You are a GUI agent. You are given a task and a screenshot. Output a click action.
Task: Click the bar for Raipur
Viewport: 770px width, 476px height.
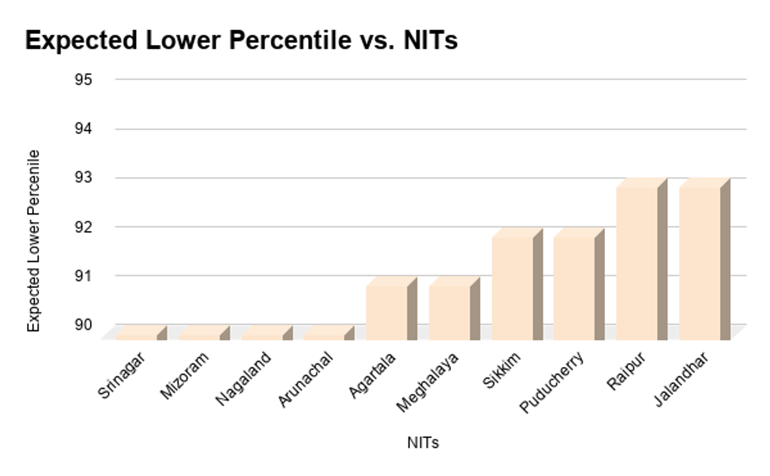pyautogui.click(x=637, y=263)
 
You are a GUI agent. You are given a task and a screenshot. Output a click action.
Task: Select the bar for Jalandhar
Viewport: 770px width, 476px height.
pyautogui.click(x=699, y=263)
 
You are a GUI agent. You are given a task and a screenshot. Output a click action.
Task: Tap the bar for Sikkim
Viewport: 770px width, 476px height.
pyautogui.click(x=512, y=288)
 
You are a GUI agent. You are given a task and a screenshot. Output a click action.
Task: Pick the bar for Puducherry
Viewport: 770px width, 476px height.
pyautogui.click(x=574, y=288)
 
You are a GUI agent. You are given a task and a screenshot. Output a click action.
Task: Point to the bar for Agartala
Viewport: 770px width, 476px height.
pyautogui.click(x=386, y=312)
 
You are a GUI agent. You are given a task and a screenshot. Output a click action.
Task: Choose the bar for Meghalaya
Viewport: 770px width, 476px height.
pyautogui.click(x=449, y=312)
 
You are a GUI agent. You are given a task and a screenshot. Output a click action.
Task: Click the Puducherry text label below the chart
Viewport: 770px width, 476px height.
pyautogui.click(x=552, y=382)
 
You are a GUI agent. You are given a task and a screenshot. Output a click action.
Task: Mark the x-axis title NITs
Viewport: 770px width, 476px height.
pyautogui.click(x=423, y=443)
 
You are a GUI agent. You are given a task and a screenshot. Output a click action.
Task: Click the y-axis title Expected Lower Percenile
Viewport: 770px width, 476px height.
pyautogui.click(x=34, y=241)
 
